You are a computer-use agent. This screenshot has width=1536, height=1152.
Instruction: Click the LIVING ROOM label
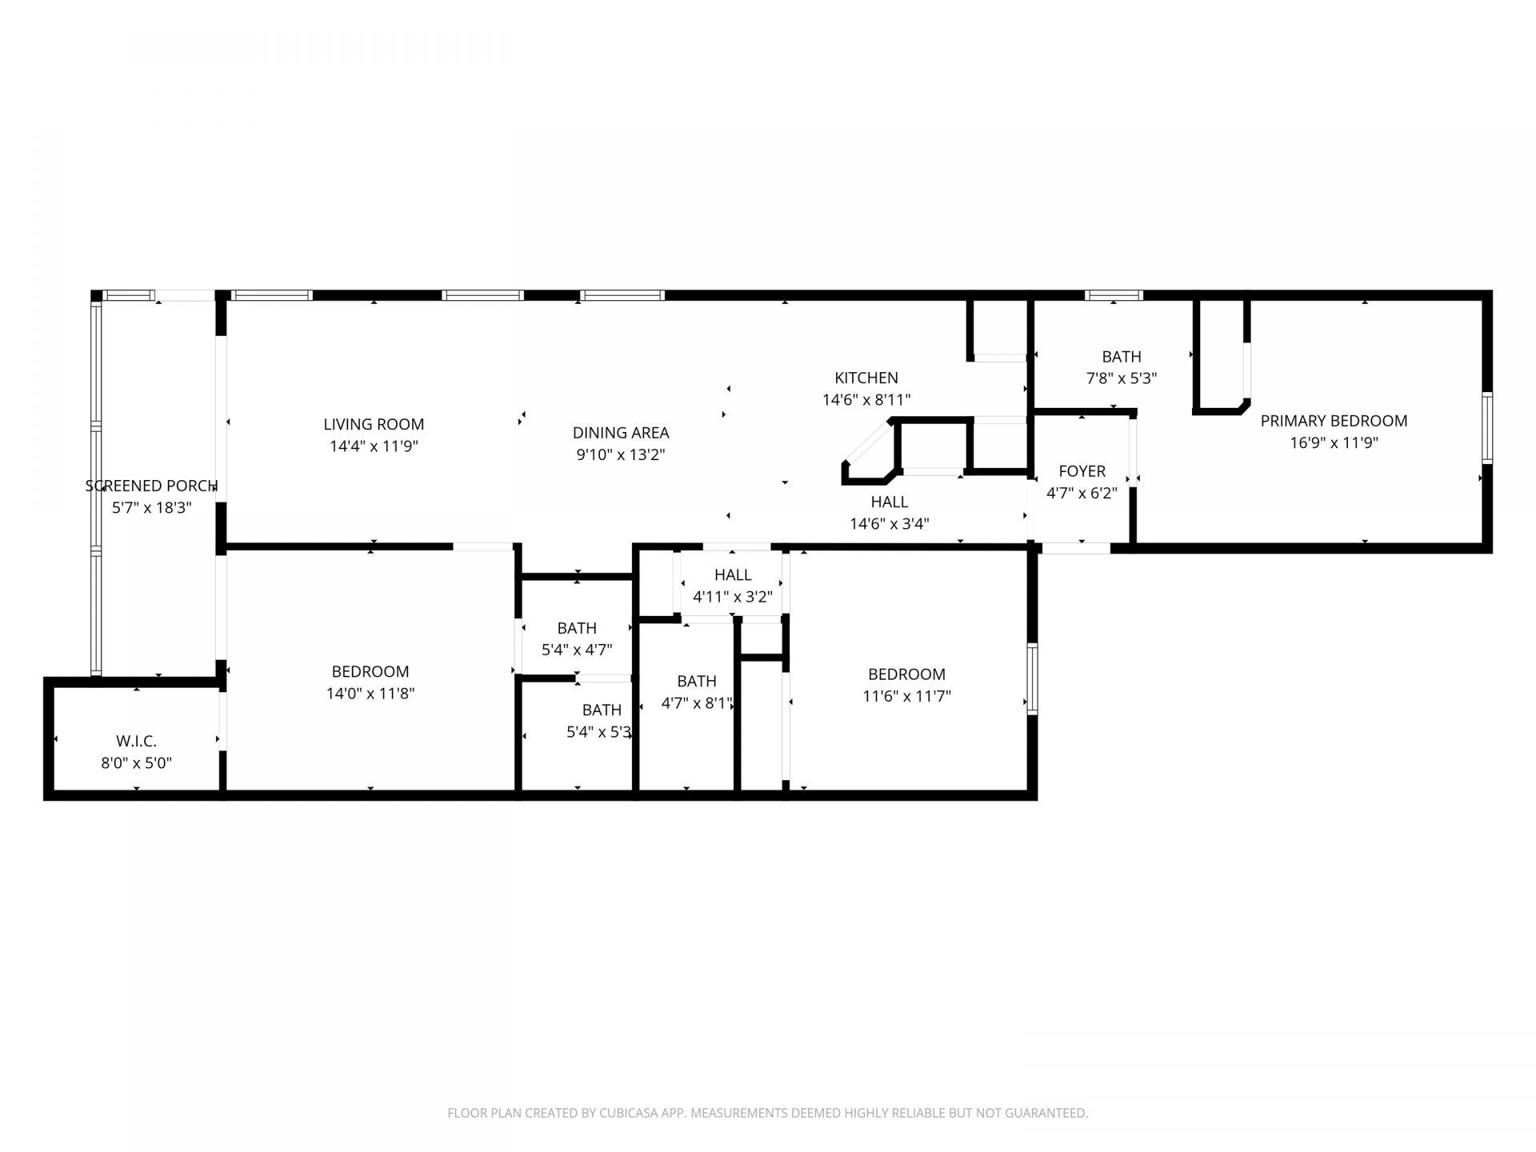[x=374, y=424]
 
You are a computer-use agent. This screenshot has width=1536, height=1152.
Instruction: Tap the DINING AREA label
[x=621, y=433]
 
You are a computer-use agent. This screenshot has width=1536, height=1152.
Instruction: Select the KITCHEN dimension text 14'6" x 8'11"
[x=866, y=399]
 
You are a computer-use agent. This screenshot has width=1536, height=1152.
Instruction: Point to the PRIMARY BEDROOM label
[x=1334, y=421]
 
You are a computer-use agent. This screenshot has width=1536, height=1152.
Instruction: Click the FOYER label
[x=1082, y=471]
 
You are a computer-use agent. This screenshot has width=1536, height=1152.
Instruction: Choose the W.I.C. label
[x=136, y=742]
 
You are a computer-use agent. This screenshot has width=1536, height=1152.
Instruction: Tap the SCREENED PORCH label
[x=151, y=486]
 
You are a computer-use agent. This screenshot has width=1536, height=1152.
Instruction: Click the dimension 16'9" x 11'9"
[x=1334, y=442]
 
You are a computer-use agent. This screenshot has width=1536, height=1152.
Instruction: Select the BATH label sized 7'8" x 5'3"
[x=1121, y=357]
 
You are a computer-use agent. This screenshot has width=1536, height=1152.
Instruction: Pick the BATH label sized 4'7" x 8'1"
[x=696, y=681]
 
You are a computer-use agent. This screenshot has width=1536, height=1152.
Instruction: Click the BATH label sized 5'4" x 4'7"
[x=577, y=628]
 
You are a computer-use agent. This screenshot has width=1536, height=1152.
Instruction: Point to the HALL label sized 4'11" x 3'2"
[x=733, y=574]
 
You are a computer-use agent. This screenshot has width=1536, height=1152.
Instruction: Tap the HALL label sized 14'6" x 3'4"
[x=889, y=502]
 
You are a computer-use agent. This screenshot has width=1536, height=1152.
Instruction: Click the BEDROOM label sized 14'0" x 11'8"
[x=370, y=671]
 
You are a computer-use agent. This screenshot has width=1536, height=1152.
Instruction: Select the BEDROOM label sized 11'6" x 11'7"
[x=906, y=674]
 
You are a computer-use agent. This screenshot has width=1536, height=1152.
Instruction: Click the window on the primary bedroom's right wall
[x=1486, y=427]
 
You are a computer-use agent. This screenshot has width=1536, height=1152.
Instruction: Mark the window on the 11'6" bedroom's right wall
[x=1032, y=679]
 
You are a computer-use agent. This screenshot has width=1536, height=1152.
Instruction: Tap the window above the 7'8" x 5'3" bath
[x=1114, y=295]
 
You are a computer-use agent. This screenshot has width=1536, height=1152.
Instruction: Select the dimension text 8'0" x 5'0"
[x=136, y=763]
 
